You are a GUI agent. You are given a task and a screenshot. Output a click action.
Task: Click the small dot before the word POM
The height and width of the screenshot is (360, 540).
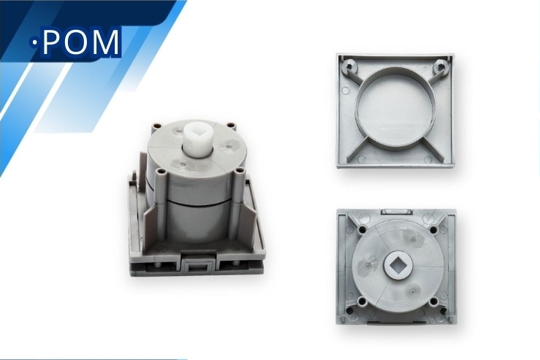click(35, 43)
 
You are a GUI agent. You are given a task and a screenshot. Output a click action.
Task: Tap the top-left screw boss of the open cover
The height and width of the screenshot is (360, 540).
click(350, 66)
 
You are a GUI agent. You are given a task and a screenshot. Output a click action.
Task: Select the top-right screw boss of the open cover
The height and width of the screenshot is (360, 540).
click(441, 66)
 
